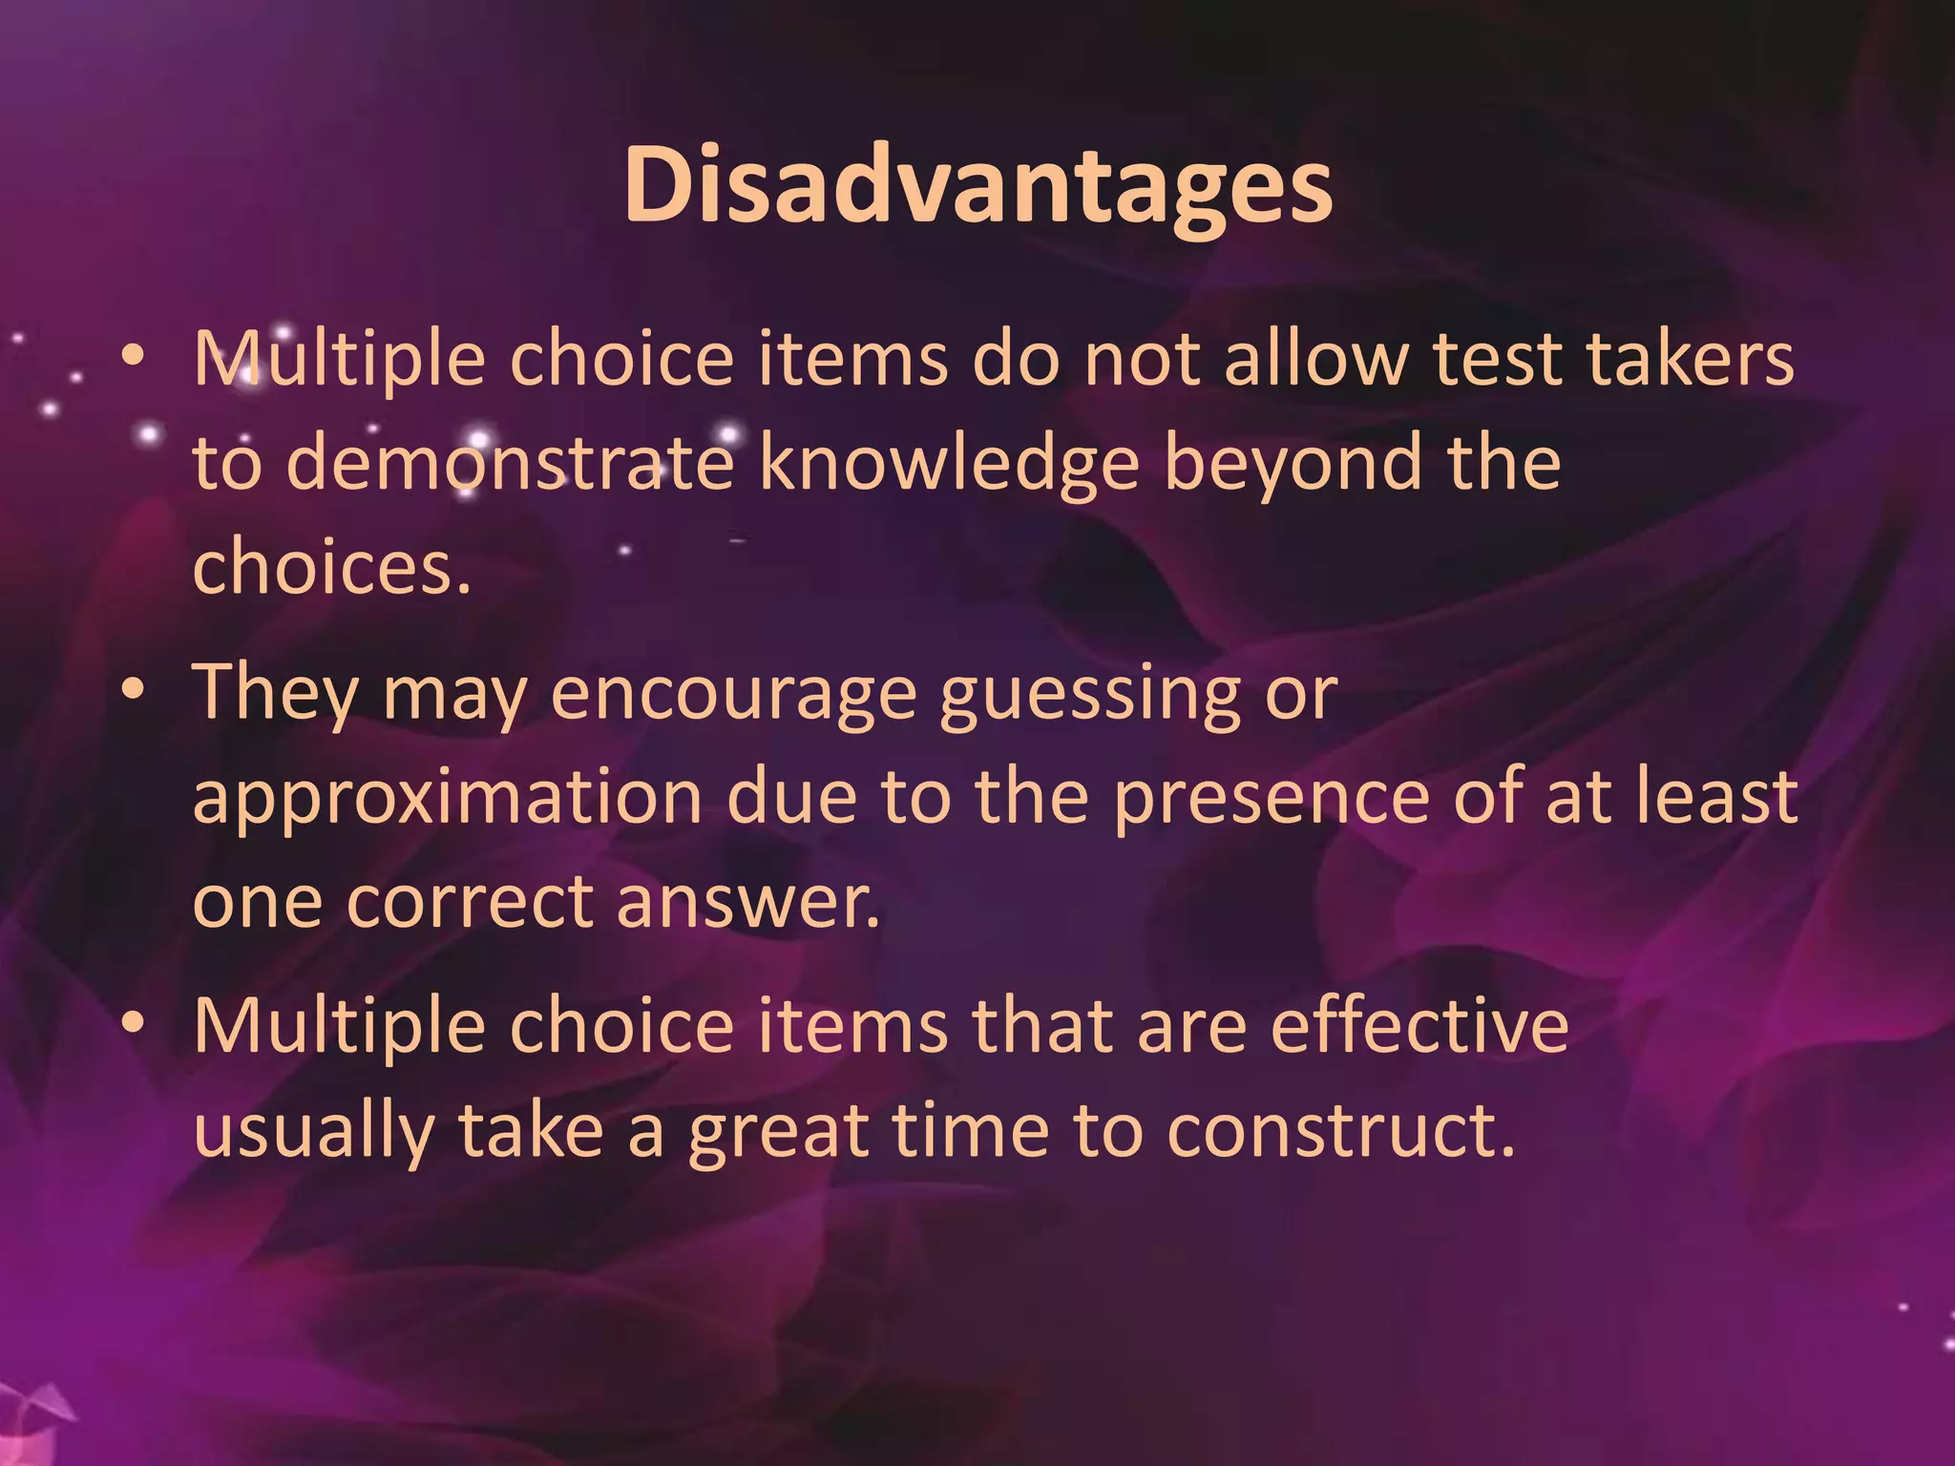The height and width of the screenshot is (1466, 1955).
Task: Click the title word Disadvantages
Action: (x=977, y=186)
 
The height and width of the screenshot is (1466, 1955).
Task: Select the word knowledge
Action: (x=949, y=464)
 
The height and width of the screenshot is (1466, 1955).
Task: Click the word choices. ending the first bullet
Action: (x=332, y=567)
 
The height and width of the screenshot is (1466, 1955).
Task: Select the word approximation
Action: (x=448, y=798)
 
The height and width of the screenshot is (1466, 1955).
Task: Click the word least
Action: (x=1716, y=798)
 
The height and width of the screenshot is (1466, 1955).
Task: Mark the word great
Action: (x=779, y=1132)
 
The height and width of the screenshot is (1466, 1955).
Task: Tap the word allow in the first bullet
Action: (x=1316, y=360)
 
